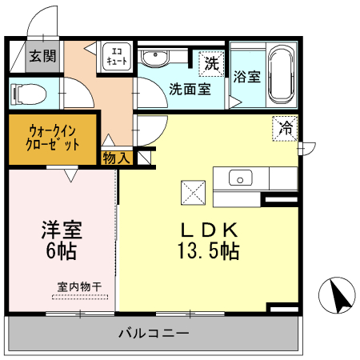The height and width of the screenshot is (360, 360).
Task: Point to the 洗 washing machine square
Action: [211, 62]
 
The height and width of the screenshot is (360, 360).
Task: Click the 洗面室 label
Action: [190, 89]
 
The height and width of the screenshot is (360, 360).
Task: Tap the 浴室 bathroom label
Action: [246, 78]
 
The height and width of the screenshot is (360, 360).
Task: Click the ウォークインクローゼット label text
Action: [54, 138]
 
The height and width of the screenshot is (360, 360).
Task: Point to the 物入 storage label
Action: [117, 158]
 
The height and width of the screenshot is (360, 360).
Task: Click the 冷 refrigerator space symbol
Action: [286, 126]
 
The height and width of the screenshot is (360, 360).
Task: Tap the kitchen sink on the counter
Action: [239, 178]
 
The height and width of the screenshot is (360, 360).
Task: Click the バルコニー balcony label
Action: [154, 333]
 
